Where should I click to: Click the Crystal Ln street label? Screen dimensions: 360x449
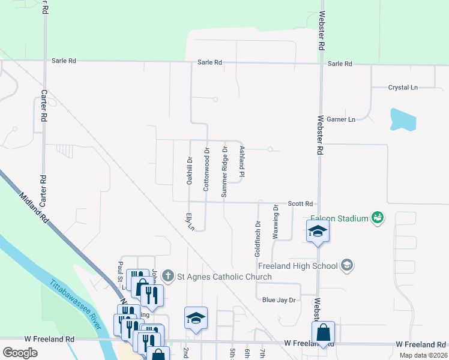pos(402,88)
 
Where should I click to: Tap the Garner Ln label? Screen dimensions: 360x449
pos(342,119)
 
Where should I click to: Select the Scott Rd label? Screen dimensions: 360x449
pos(300,204)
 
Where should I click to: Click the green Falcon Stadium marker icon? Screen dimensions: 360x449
pos(377,217)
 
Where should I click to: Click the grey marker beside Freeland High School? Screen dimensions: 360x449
pos(346,265)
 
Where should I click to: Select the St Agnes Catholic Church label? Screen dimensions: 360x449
pos(224,277)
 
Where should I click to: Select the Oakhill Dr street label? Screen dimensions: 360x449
pos(189,170)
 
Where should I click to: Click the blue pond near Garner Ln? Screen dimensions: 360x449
pos(402,119)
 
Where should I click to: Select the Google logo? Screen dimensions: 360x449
pos(20,353)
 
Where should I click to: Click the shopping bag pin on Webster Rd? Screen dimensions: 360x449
pos(323,333)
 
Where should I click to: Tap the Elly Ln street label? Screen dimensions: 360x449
pos(190,222)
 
